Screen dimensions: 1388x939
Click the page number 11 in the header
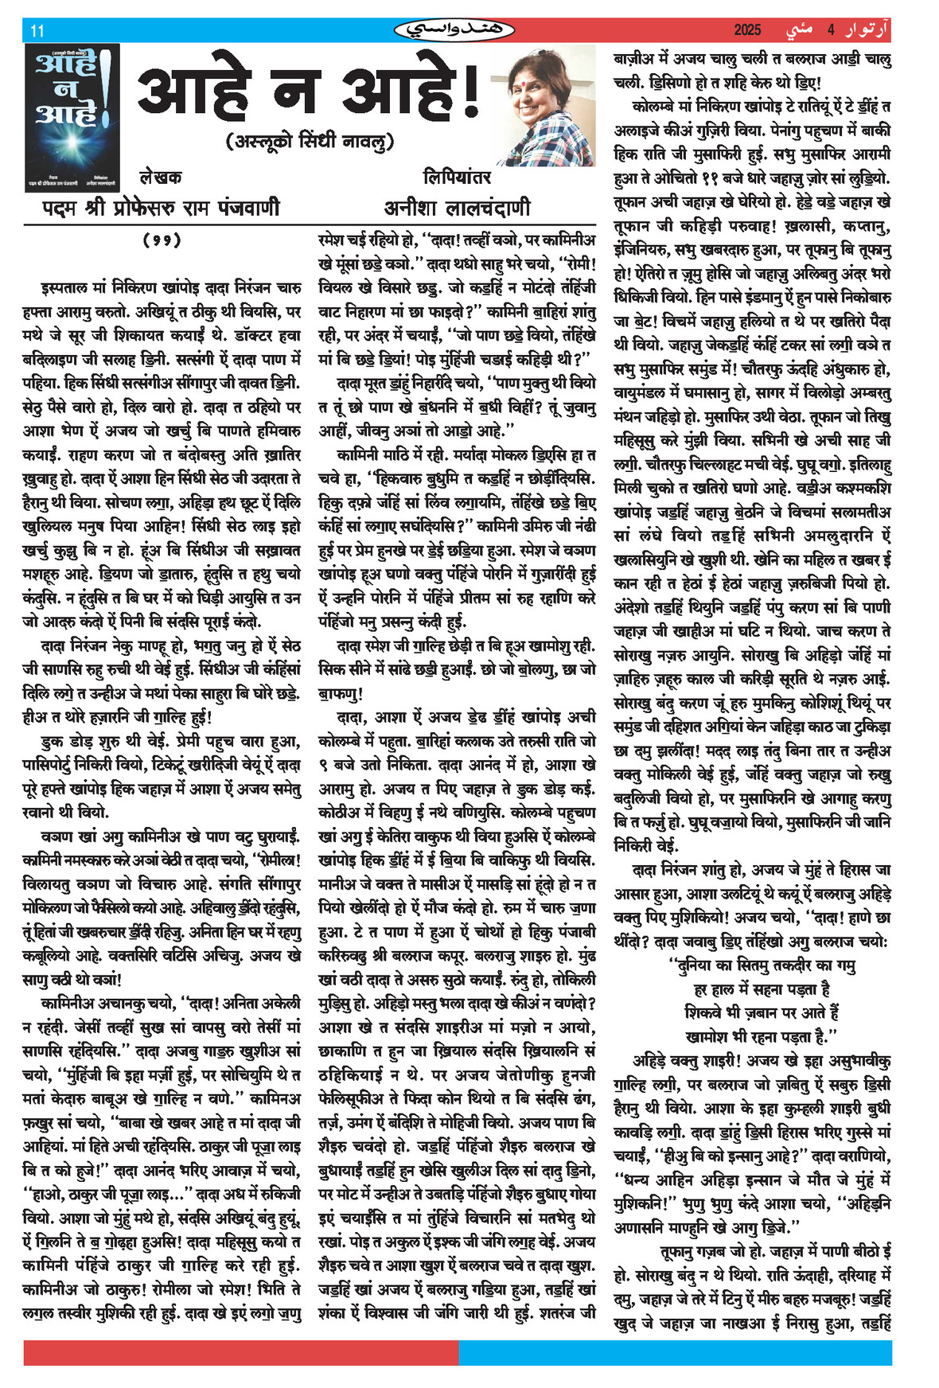tap(37, 31)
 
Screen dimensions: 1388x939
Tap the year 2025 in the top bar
tap(747, 30)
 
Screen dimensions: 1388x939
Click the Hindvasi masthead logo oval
tap(454, 30)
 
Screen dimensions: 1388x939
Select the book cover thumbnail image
tap(71, 117)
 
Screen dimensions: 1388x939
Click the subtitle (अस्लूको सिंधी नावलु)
tap(310, 142)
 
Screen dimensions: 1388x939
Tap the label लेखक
tap(160, 177)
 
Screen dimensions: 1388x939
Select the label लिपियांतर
tap(457, 177)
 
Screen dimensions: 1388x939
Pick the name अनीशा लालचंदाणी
tap(457, 208)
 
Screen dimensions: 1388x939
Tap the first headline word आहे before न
tap(195, 93)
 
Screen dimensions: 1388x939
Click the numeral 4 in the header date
tap(830, 30)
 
